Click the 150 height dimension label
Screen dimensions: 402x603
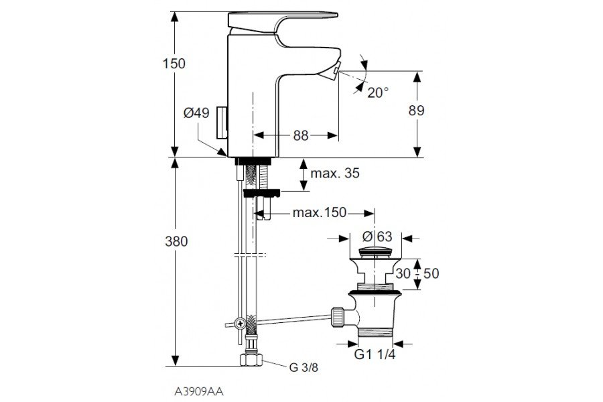pos(174,64)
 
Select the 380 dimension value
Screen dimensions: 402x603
pos(174,242)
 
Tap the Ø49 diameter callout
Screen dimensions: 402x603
pos(197,114)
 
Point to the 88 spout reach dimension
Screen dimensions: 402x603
pos(300,135)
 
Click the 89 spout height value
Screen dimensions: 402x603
pos(416,111)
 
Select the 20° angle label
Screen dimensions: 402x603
pos(378,92)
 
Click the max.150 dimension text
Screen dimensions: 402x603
pos(319,213)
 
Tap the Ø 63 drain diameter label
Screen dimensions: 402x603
pos(376,237)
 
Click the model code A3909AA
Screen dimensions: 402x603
pos(194,389)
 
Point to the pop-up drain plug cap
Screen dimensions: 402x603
pos(375,253)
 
